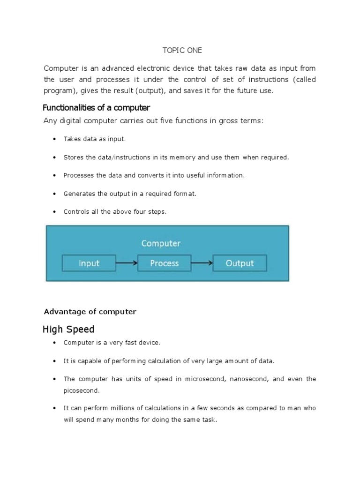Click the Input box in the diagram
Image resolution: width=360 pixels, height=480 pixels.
point(89,263)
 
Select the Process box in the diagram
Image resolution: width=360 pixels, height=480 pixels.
point(164,263)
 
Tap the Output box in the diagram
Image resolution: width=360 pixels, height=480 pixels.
point(240,263)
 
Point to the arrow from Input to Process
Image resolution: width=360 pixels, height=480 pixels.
point(126,263)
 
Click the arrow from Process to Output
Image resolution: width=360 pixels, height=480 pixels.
point(202,263)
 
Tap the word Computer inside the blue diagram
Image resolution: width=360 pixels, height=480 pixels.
point(161,243)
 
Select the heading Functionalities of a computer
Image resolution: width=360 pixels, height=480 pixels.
point(96,108)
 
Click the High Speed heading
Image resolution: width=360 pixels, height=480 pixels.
point(68,329)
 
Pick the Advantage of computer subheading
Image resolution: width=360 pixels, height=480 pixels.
point(90,312)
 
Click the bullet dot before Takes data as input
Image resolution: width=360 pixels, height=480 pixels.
point(54,139)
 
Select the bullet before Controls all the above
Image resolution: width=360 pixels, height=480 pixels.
point(54,212)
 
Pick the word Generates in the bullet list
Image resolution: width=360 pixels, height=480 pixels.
point(79,194)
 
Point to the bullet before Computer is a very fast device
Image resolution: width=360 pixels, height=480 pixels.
point(54,343)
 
